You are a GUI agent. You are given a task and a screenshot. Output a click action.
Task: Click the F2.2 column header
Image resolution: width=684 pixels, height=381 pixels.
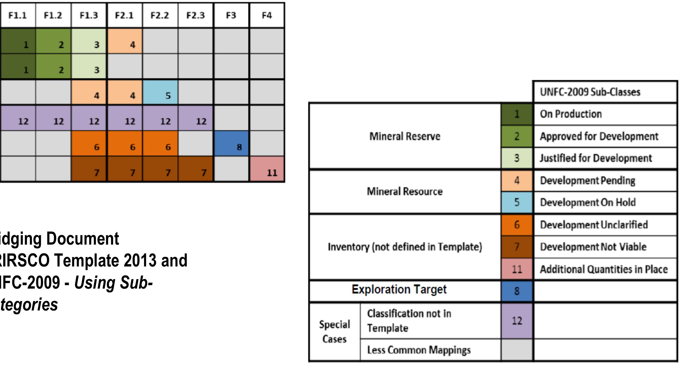160,15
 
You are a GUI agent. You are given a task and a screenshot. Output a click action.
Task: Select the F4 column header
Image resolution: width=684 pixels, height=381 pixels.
267,15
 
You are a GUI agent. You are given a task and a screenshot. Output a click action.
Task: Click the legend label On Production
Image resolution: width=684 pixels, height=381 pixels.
571,114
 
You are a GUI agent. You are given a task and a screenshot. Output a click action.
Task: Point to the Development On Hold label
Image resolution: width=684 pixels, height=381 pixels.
588,203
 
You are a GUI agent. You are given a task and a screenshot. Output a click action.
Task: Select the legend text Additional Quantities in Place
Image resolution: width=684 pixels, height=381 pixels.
604,269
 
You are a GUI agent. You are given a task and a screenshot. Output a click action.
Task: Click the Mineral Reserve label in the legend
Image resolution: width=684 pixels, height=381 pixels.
405,136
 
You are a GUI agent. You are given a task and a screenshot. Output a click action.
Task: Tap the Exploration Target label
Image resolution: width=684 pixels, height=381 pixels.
399,289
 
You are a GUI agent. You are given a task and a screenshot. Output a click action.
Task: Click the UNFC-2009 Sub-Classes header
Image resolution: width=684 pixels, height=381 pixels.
590,92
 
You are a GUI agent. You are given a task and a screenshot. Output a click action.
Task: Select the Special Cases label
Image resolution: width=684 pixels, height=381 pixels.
335,332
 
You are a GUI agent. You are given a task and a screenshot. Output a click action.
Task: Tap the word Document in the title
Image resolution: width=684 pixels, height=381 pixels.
83,239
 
